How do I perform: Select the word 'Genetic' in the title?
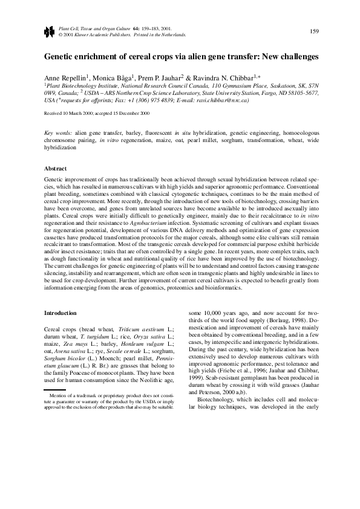[59, 56]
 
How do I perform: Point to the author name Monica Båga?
[112, 79]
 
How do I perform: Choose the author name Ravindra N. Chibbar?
[224, 79]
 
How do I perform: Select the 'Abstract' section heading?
[56, 168]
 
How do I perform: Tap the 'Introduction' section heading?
[61, 313]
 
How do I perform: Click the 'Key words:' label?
[58, 132]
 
